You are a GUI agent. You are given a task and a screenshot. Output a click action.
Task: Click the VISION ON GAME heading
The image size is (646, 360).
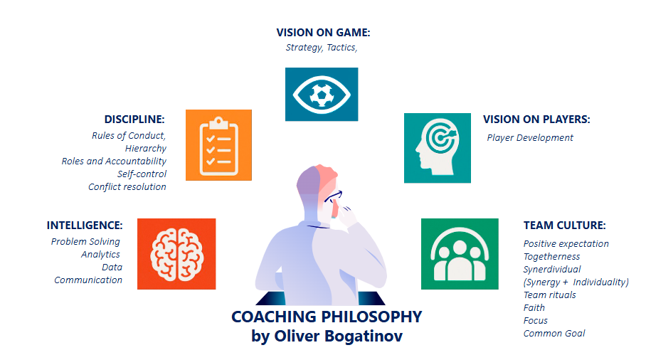coord(323,33)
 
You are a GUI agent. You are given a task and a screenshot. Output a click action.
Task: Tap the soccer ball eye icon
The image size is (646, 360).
coord(322,95)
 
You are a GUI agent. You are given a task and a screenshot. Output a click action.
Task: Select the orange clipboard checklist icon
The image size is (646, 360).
coord(218,145)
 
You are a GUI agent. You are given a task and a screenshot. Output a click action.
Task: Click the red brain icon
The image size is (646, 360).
coord(176,254)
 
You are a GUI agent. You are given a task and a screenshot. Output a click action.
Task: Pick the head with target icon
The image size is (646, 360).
coord(437,148)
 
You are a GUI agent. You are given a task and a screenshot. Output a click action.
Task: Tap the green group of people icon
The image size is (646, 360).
coord(460,254)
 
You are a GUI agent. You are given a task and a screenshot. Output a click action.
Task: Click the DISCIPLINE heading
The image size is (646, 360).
coord(134,120)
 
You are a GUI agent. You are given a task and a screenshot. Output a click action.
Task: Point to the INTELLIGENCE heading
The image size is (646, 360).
coord(85,226)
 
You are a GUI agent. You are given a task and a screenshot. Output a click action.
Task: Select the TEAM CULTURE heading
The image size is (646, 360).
coord(564,226)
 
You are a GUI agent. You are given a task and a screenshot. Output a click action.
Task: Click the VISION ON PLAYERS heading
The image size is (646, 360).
coord(536,120)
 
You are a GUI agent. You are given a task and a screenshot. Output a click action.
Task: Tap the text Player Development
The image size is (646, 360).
coord(530,137)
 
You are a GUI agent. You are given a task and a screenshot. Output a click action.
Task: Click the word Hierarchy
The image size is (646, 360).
coord(146,148)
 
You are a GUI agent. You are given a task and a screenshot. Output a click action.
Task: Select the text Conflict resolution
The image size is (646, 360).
coord(127,186)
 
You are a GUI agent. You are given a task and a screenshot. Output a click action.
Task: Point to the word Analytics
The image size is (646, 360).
coord(100,254)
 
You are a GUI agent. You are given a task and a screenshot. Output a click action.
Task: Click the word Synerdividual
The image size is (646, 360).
coord(552,270)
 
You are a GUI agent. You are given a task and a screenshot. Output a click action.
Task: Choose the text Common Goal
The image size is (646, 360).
coord(554,333)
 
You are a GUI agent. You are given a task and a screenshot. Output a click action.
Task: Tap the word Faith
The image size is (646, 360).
coord(534,307)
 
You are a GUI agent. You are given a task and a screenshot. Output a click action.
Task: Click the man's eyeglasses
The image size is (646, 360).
coord(333,196)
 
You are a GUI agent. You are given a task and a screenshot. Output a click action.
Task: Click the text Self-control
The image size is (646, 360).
coord(142,174)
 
